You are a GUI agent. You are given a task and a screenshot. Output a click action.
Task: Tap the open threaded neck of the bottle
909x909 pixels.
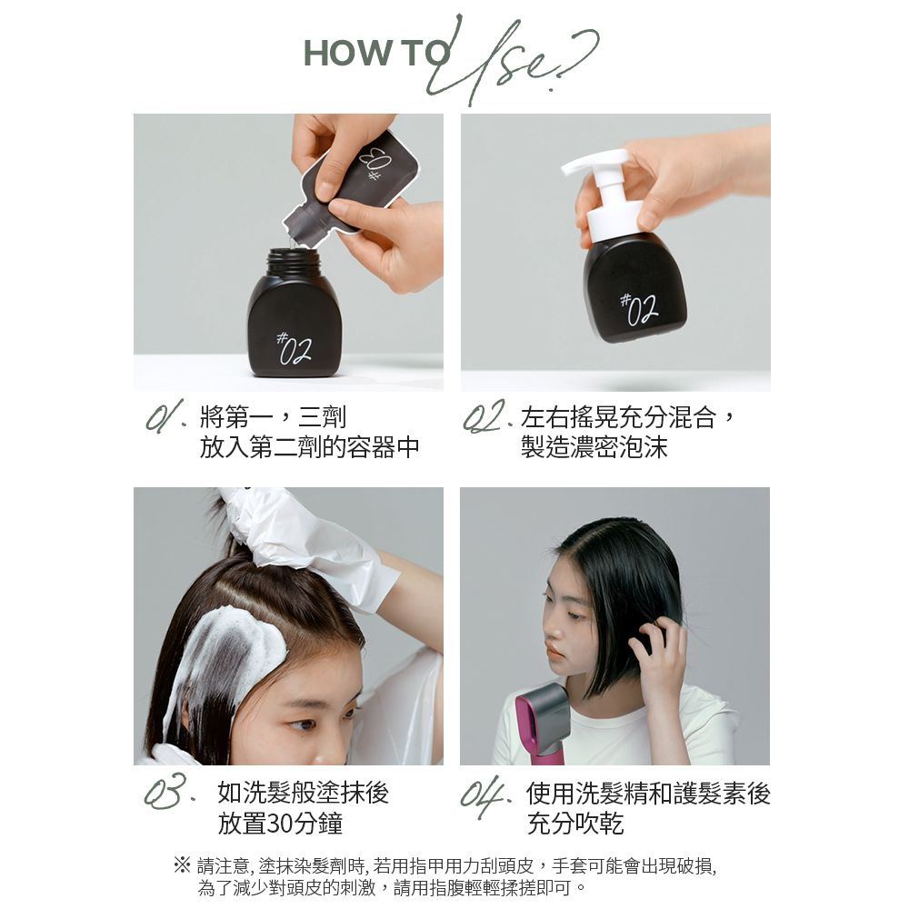coord(293,262)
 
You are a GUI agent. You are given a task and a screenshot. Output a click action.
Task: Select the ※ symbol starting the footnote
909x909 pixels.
coord(182,866)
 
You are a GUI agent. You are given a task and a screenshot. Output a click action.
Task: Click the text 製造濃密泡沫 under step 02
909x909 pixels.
coord(594,446)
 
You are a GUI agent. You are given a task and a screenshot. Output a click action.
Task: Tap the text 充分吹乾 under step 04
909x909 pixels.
coord(575,824)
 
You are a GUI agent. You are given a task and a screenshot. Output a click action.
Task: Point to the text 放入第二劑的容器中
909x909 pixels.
coord(310,446)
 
